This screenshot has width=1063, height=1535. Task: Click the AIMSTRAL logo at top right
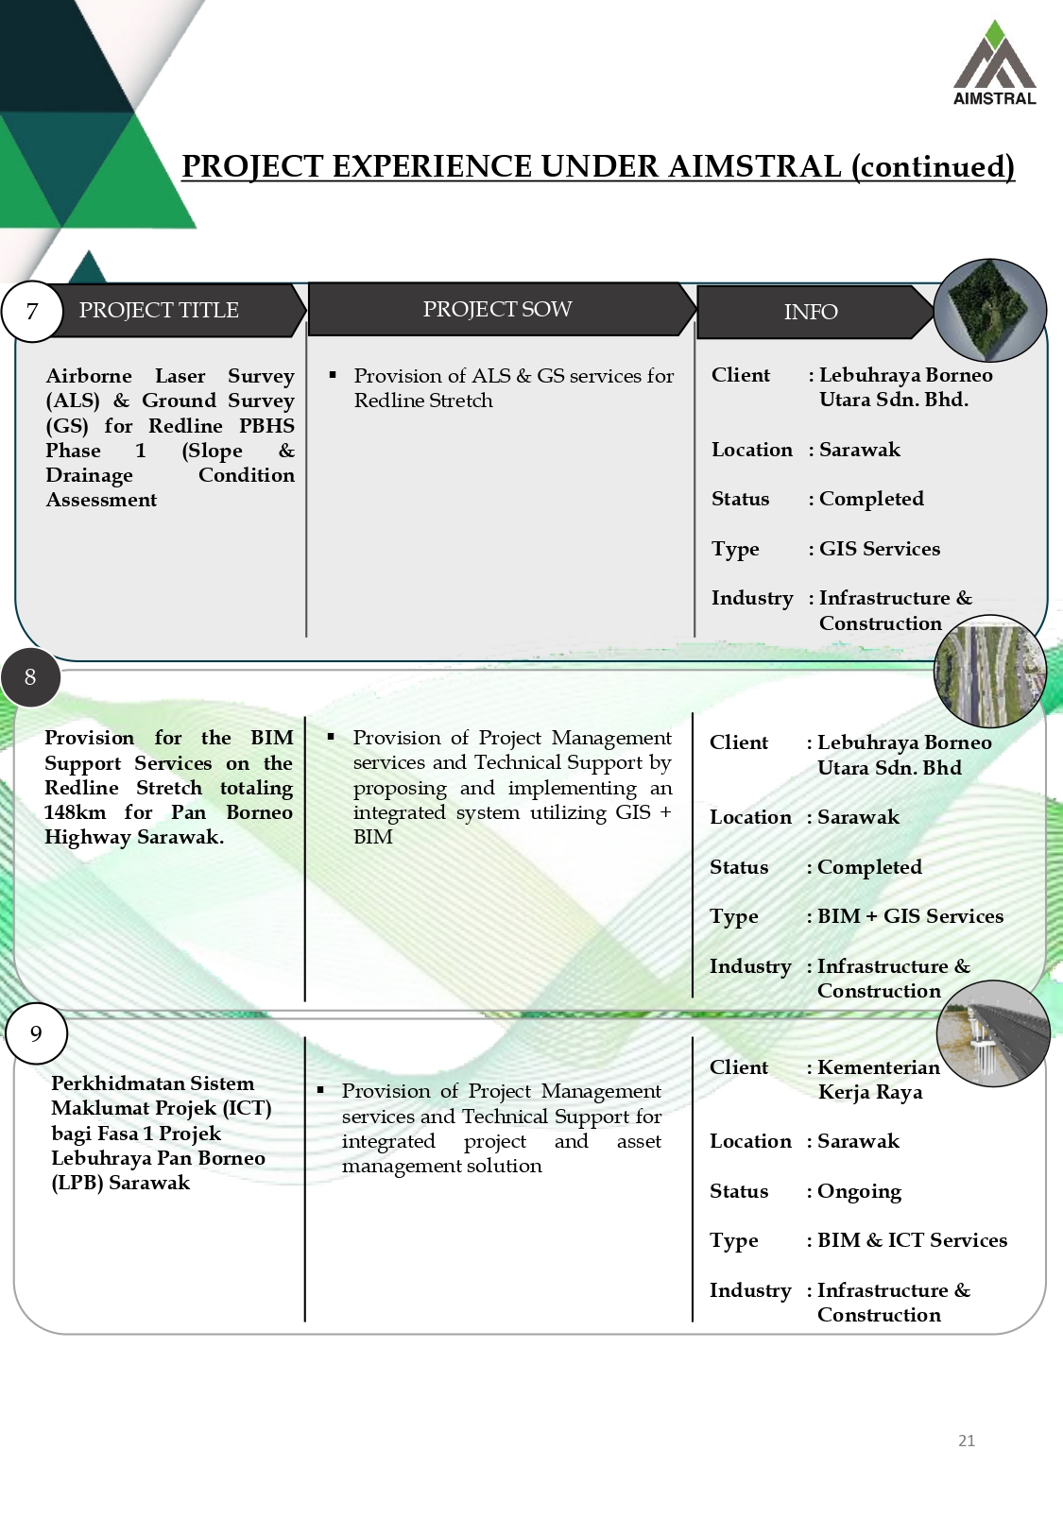(x=994, y=64)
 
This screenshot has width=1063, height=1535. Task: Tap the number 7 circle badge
(x=32, y=312)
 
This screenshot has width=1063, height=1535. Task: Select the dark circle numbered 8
(x=30, y=677)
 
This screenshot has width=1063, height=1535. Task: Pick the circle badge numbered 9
(x=36, y=1033)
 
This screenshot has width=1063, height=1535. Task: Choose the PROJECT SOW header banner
(x=498, y=309)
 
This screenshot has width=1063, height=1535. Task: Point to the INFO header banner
(x=811, y=312)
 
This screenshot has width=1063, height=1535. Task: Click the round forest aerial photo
(x=989, y=310)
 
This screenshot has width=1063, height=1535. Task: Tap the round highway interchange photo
(x=989, y=672)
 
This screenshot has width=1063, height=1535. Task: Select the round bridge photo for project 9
(x=993, y=1033)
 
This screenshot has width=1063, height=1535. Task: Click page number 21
(x=967, y=1441)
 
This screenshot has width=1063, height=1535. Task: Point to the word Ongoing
(x=859, y=1191)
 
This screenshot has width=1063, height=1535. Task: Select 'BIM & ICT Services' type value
(x=912, y=1240)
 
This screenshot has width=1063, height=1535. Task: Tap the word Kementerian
(x=879, y=1067)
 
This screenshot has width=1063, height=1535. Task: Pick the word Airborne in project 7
(x=89, y=376)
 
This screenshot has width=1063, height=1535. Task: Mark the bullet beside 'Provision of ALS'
(x=333, y=375)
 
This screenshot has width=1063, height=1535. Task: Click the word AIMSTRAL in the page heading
(x=754, y=166)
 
